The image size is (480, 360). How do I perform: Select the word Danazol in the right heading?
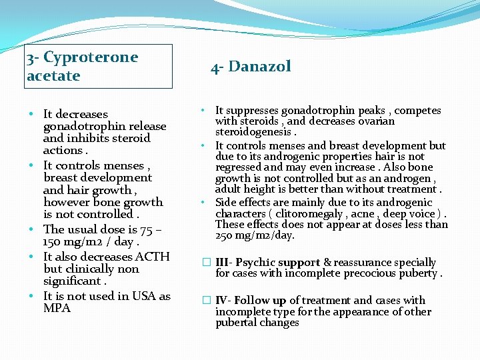(261, 67)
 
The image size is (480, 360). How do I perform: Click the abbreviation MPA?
(57, 308)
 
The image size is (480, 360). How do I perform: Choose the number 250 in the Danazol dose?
(225, 236)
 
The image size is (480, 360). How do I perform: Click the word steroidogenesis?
(253, 133)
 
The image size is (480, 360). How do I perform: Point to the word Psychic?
(257, 263)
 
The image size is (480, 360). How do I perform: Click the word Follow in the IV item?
(251, 301)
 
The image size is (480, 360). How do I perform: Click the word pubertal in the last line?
(237, 323)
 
